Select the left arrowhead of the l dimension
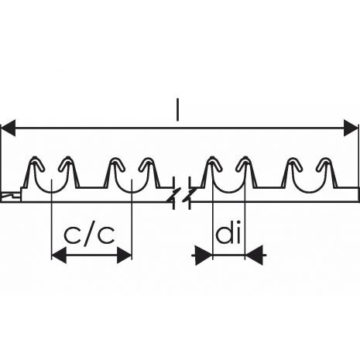9,128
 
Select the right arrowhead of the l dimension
351,128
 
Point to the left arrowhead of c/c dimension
59,255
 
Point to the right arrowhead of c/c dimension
124,255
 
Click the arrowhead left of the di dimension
204,255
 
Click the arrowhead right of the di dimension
253,255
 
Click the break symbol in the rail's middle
182,193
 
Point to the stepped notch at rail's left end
11,194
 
